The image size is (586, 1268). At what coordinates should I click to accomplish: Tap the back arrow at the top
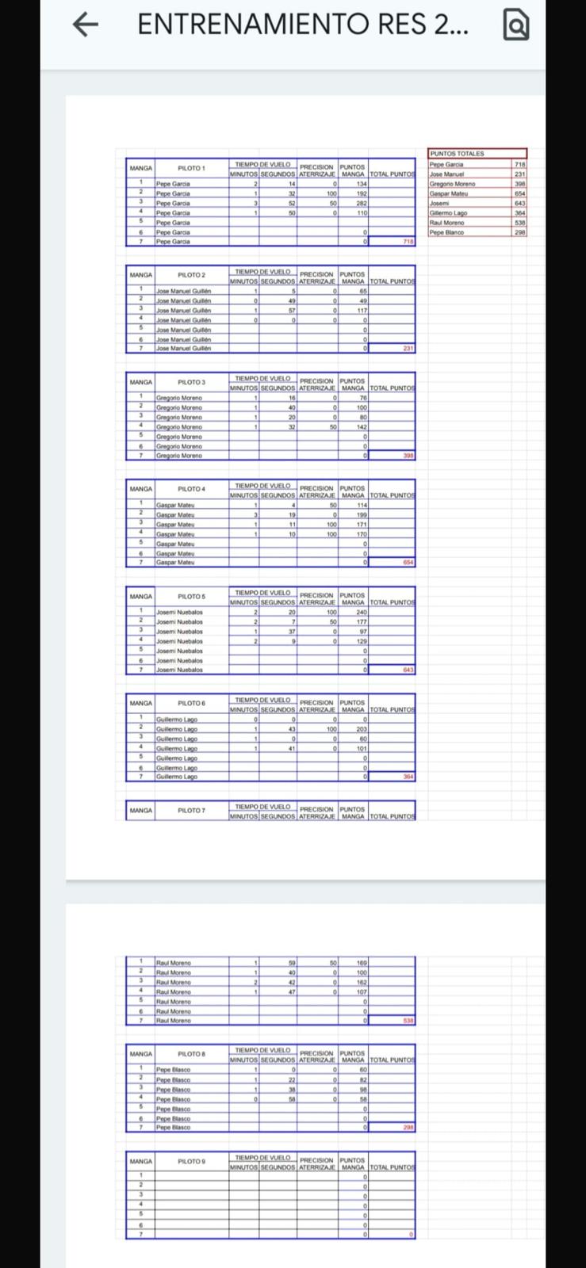pos(86,25)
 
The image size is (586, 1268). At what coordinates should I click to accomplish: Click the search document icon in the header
pos(515,26)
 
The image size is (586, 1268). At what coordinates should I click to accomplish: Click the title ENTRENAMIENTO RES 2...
pos(302,25)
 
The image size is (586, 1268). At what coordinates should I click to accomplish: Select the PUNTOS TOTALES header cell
pos(458,154)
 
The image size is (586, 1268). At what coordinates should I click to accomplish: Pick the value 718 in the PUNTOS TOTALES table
pos(519,164)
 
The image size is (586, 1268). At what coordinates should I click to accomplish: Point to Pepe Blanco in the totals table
pos(448,232)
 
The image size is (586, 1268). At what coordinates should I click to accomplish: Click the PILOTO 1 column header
pos(191,168)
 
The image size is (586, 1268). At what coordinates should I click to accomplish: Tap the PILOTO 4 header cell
pos(191,489)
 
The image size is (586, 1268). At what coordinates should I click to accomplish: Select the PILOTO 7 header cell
pos(191,810)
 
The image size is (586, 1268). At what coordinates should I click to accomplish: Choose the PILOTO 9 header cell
pos(191,1161)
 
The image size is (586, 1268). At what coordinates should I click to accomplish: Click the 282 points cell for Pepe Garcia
pos(361,203)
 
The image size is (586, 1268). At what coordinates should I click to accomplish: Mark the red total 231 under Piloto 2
pos(408,349)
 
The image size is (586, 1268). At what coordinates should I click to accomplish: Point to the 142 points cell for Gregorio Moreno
pos(361,426)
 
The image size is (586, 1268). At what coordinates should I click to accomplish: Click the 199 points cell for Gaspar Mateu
pos(361,514)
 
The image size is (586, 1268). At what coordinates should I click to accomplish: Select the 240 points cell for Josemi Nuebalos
pos(361,612)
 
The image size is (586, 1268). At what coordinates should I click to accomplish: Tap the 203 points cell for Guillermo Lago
pos(361,729)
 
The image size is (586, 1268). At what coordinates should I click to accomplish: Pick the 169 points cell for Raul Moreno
pos(361,963)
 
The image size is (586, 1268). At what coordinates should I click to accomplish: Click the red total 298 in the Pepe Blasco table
pos(408,1127)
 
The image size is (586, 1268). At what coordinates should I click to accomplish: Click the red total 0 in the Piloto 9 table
pos(411,1234)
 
